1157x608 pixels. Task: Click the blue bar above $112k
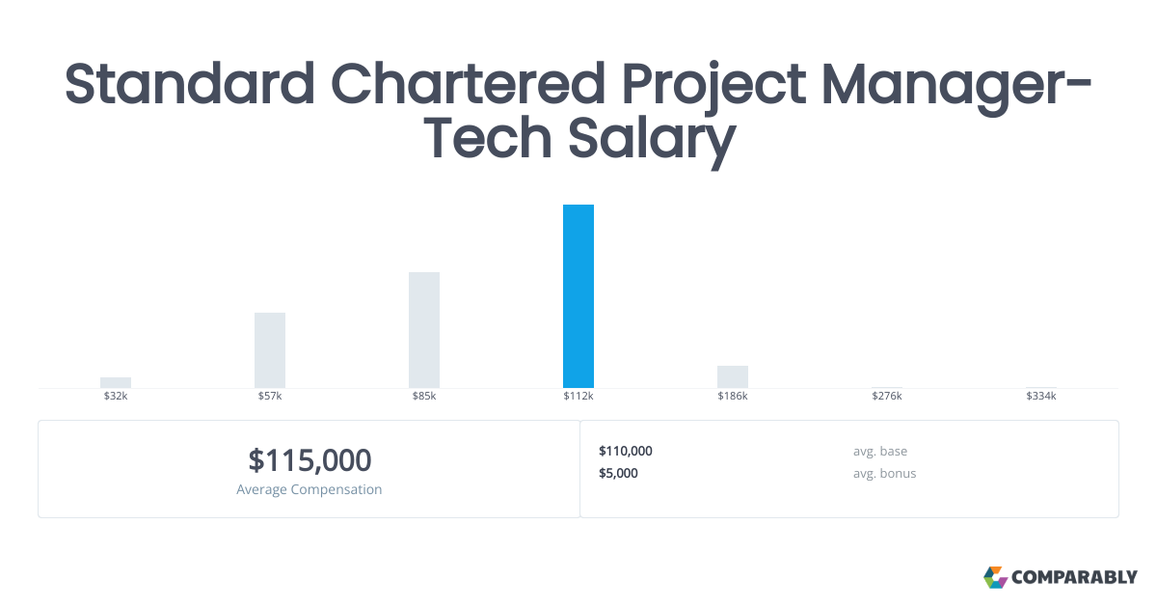tap(578, 296)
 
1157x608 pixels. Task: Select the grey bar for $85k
tap(424, 330)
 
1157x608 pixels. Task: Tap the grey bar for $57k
tap(270, 350)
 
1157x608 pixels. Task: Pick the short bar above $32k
tap(116, 382)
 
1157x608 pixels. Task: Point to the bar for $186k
tap(733, 376)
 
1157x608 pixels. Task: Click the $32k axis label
tap(116, 397)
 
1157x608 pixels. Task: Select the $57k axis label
tap(270, 397)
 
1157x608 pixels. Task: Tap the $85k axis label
tap(424, 397)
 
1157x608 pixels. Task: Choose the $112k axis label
tap(578, 397)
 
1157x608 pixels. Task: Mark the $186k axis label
tap(733, 397)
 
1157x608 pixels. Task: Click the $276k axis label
tap(887, 397)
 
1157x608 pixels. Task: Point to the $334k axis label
tap(1041, 397)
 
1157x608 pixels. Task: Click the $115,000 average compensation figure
tap(309, 460)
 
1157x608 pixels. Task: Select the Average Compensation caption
tap(309, 489)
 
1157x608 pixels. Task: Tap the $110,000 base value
tap(626, 451)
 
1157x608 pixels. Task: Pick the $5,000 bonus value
tap(618, 473)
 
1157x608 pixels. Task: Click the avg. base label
tap(879, 451)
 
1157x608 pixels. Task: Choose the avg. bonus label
tap(884, 473)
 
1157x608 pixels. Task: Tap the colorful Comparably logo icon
tap(995, 577)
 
